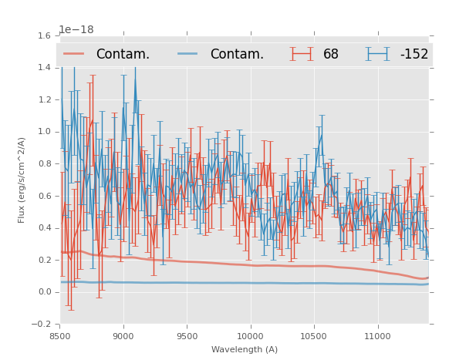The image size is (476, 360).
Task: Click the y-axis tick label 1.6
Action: coord(43,35)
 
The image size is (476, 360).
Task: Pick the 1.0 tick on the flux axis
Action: coord(43,132)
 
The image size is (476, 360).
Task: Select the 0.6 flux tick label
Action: coord(43,196)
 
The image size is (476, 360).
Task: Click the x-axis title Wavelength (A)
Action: coord(245,350)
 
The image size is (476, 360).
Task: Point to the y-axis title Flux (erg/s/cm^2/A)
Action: coord(22,180)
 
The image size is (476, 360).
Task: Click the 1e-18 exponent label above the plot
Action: coord(76,29)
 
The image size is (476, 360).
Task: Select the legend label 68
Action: coord(331,55)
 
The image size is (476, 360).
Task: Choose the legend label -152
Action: coord(414,55)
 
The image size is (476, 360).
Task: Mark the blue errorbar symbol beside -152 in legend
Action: coord(377,54)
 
